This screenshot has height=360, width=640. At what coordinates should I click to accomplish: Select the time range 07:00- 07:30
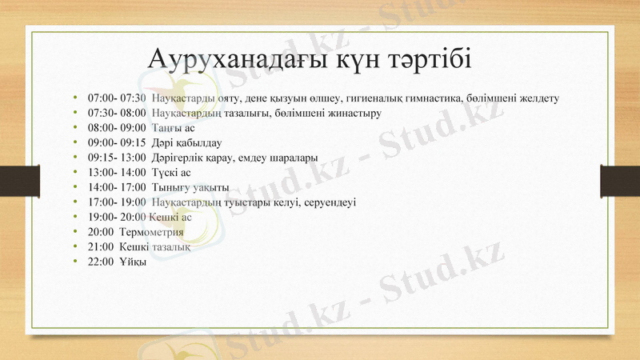click(117, 98)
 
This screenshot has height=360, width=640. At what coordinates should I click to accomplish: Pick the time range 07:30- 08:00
click(117, 113)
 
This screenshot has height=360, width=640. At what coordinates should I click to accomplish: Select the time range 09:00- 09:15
click(117, 142)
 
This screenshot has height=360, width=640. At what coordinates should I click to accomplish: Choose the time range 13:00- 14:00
click(117, 172)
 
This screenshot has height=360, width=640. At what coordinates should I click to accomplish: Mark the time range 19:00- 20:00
click(117, 217)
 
